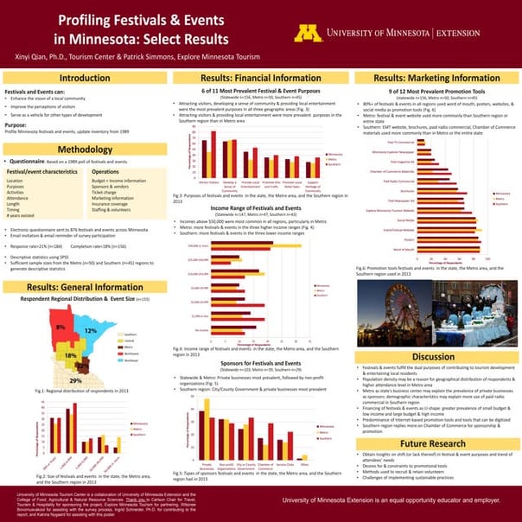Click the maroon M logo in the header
pyautogui.click(x=308, y=33)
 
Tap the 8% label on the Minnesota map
pyautogui.click(x=61, y=328)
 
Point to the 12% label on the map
pyautogui.click(x=91, y=331)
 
